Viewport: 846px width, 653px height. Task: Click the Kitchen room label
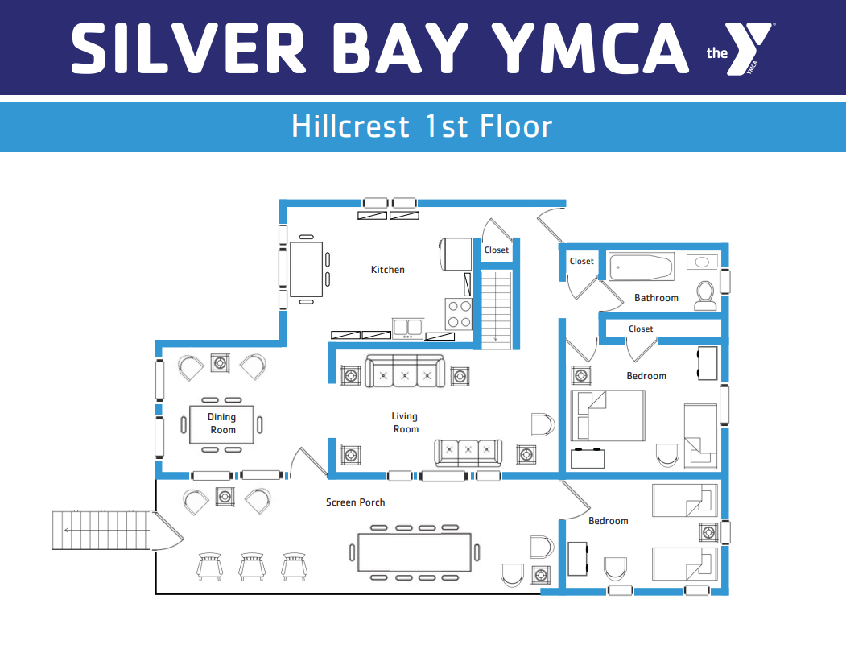tap(387, 269)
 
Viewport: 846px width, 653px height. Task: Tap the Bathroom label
tap(656, 297)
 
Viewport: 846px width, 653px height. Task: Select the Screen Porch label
tap(356, 502)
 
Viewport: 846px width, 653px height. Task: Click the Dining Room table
tap(221, 424)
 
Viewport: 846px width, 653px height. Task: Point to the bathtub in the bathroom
tap(642, 267)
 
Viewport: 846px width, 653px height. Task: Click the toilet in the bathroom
tap(705, 296)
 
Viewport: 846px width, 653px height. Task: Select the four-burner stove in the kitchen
tap(458, 314)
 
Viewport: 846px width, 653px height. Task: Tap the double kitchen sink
tap(407, 329)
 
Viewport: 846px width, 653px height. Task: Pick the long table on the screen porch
tap(415, 552)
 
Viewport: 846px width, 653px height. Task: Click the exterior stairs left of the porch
tap(101, 531)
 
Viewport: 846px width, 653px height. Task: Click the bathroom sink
tap(702, 262)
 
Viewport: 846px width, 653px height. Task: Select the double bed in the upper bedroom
tap(608, 415)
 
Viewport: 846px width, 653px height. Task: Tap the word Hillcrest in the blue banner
tap(351, 126)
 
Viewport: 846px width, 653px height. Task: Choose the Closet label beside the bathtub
tap(582, 261)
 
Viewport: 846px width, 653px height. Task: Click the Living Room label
tap(405, 423)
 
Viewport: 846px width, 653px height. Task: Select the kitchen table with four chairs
tap(307, 269)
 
